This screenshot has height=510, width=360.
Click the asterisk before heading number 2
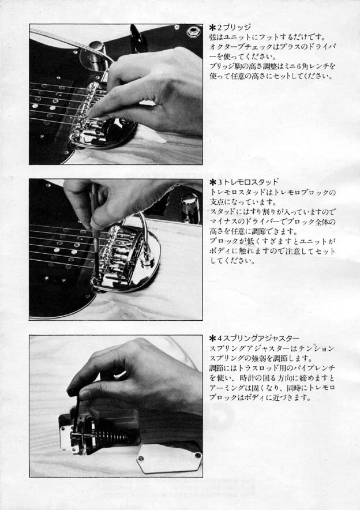(213, 28)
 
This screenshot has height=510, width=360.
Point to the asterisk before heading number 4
(213, 339)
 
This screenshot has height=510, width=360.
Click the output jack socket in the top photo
(193, 32)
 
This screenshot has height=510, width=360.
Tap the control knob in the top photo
(96, 47)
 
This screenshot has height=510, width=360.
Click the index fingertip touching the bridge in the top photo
(93, 114)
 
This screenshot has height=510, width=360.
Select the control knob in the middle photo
(188, 204)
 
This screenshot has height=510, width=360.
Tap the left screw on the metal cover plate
(141, 458)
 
